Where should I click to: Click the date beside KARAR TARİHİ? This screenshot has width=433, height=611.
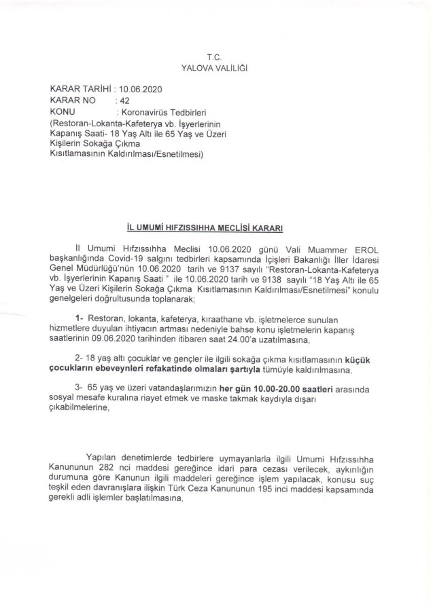[141, 89]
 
